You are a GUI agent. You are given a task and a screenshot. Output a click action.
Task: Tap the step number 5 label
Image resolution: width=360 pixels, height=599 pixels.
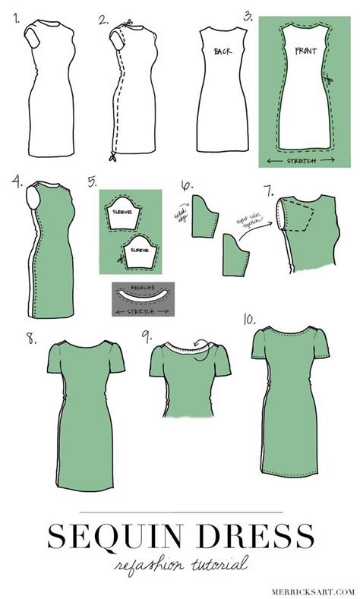tap(93, 182)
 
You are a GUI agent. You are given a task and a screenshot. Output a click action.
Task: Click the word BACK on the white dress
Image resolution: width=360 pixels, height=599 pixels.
tap(222, 51)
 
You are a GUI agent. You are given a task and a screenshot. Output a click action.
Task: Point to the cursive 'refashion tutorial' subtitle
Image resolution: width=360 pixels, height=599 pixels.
tap(180, 565)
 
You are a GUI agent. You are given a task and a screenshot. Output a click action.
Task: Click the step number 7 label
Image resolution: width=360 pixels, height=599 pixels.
tap(270, 185)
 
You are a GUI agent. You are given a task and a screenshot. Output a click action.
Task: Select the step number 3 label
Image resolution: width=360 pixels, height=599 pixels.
tap(248, 14)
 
